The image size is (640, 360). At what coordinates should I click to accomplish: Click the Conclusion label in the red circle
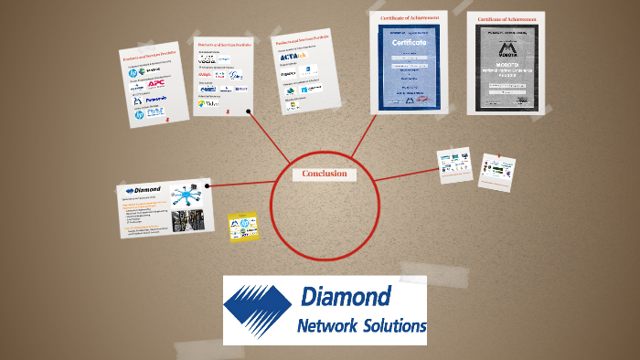(325, 174)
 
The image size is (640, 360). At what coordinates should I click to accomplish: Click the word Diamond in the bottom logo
(346, 296)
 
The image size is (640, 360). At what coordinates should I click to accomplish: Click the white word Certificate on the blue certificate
(409, 43)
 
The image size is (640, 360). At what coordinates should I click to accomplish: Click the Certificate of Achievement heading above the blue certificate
(408, 17)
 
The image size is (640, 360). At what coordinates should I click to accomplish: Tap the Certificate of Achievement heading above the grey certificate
(506, 17)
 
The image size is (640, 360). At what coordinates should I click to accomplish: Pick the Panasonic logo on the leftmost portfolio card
(155, 99)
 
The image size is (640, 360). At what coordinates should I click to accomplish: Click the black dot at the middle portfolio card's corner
(250, 112)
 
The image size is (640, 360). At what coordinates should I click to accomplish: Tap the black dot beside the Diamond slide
(208, 186)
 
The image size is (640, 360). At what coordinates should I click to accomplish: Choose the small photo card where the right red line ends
(454, 164)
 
